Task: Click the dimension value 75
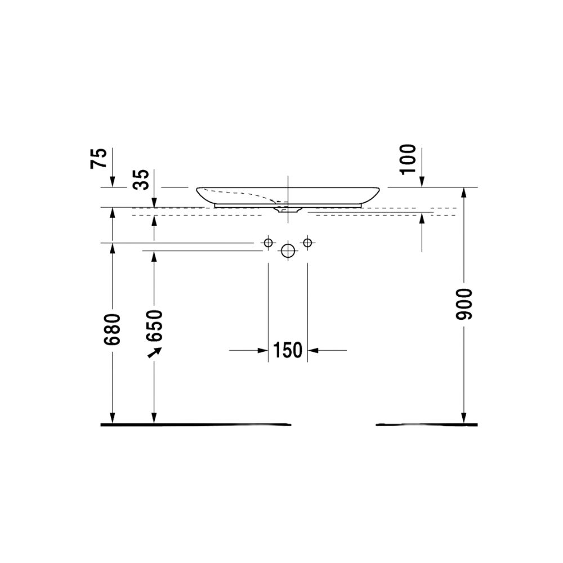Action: click(99, 158)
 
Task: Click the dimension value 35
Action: click(140, 180)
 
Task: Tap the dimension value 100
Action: click(408, 159)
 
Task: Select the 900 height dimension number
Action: click(463, 304)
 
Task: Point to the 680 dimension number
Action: click(113, 329)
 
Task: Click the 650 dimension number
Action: click(154, 325)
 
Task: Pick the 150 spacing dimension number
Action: click(288, 350)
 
